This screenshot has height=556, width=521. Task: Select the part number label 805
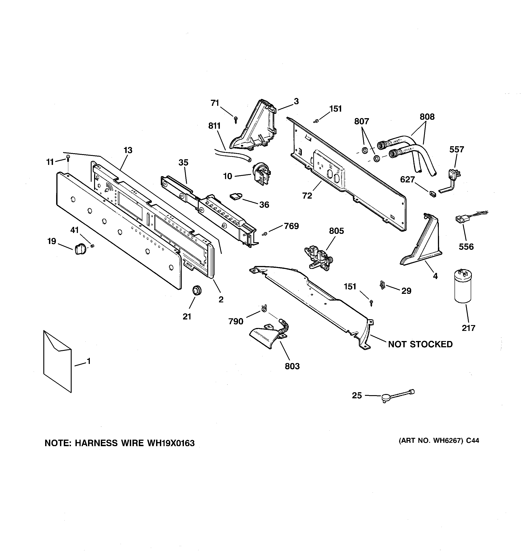coord(336,231)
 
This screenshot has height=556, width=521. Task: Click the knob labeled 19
coord(81,248)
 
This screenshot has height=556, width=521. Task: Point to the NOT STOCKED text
coord(420,344)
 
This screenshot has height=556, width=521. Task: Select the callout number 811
coord(214,126)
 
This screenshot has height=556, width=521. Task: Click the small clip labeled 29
coord(382,285)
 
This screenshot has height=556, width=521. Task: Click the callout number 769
coord(291,226)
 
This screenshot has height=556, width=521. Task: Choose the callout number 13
coord(128,150)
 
